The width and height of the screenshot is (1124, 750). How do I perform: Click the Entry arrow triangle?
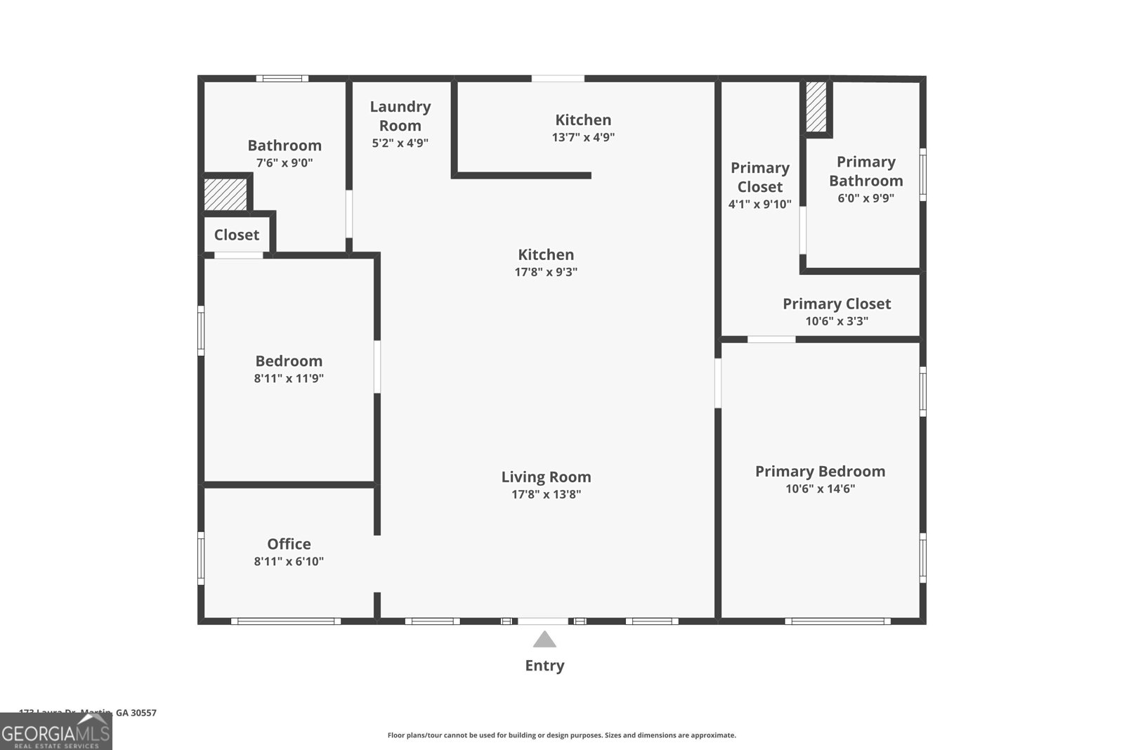click(544, 640)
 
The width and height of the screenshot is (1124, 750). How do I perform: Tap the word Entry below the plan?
click(544, 666)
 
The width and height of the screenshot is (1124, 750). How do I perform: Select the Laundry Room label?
click(400, 116)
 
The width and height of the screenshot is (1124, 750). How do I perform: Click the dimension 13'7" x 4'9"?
click(583, 138)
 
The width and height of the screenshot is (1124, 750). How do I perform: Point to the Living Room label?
click(546, 477)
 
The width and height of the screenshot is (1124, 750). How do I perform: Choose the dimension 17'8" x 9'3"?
click(546, 272)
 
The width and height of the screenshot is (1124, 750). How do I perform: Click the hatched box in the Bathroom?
click(226, 195)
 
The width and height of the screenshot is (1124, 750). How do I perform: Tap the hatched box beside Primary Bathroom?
click(816, 106)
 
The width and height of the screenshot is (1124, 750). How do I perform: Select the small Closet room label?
click(236, 235)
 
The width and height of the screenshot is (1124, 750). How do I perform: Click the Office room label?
click(289, 543)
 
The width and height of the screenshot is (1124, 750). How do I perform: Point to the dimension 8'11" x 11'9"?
click(289, 378)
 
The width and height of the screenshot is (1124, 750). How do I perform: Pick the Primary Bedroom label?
click(820, 471)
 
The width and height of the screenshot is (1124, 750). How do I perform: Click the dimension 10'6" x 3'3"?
click(836, 321)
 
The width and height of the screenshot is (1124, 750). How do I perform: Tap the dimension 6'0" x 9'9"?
click(865, 198)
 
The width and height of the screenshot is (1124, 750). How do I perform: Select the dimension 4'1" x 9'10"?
click(759, 205)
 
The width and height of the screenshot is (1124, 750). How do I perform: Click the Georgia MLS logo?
click(55, 732)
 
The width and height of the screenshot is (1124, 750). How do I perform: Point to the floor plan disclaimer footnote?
click(561, 735)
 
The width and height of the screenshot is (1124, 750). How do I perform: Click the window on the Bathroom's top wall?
click(281, 79)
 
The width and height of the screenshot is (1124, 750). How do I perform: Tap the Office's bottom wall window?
click(285, 621)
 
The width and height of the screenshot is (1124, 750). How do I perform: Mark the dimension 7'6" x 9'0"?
click(284, 163)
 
